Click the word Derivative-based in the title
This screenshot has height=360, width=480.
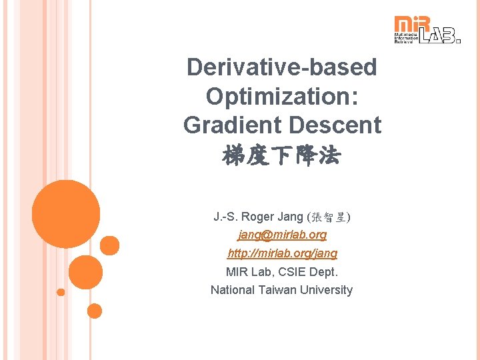281,67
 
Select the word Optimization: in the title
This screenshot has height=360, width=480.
281,96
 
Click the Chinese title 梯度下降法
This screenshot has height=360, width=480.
281,156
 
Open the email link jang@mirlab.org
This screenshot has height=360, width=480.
282,235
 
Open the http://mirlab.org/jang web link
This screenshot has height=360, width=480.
282,253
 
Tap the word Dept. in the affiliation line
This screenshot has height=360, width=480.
325,271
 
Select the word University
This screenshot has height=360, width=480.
326,290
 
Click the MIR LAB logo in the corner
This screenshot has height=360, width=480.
427,30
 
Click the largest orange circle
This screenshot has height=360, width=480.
66,214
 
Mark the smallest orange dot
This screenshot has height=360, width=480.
61,292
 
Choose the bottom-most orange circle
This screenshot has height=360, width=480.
95,311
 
